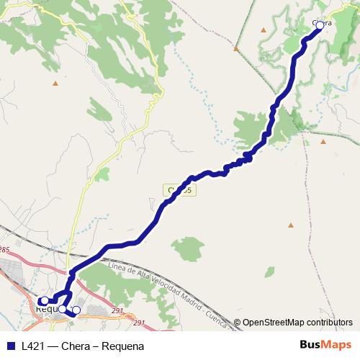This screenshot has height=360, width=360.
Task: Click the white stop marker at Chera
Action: point(320,24)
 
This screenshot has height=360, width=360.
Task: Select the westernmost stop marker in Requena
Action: point(45,300)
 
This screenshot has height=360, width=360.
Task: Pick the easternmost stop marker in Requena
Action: point(76,310)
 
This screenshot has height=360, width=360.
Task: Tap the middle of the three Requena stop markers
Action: point(63,309)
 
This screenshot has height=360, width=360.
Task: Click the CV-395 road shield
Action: point(179,190)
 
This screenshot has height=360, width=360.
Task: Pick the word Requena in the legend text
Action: point(123,345)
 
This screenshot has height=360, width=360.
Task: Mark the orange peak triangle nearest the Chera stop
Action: point(264,30)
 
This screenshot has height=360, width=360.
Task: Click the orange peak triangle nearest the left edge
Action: point(55,83)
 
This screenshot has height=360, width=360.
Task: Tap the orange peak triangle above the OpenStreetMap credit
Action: point(290,225)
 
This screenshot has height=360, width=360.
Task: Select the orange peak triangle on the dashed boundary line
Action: point(235,48)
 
